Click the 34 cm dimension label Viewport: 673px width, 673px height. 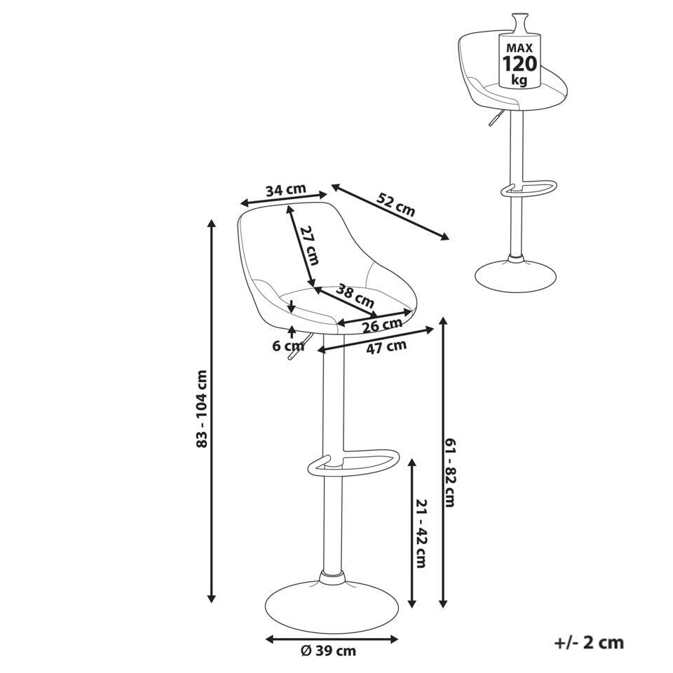coord(286,189)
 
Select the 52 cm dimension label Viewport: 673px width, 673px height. coord(396,204)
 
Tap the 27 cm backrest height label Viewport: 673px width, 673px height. coord(309,245)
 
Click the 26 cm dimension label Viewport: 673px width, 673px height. coord(382,325)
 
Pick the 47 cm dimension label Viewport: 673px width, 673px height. coord(386,346)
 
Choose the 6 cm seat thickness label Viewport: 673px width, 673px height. coord(288,346)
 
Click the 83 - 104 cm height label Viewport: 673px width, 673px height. coord(201,409)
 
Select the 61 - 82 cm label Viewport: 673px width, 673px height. coord(449,472)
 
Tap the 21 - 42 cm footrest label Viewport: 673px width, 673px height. coord(421,533)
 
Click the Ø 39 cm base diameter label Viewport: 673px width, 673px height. coord(328,651)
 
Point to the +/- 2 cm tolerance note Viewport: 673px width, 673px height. coord(589,643)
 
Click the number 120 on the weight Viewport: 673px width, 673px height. coord(519,64)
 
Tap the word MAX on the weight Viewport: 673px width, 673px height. coord(519,48)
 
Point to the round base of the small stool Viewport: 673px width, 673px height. coord(515,278)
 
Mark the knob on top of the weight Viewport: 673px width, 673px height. coord(519,22)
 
